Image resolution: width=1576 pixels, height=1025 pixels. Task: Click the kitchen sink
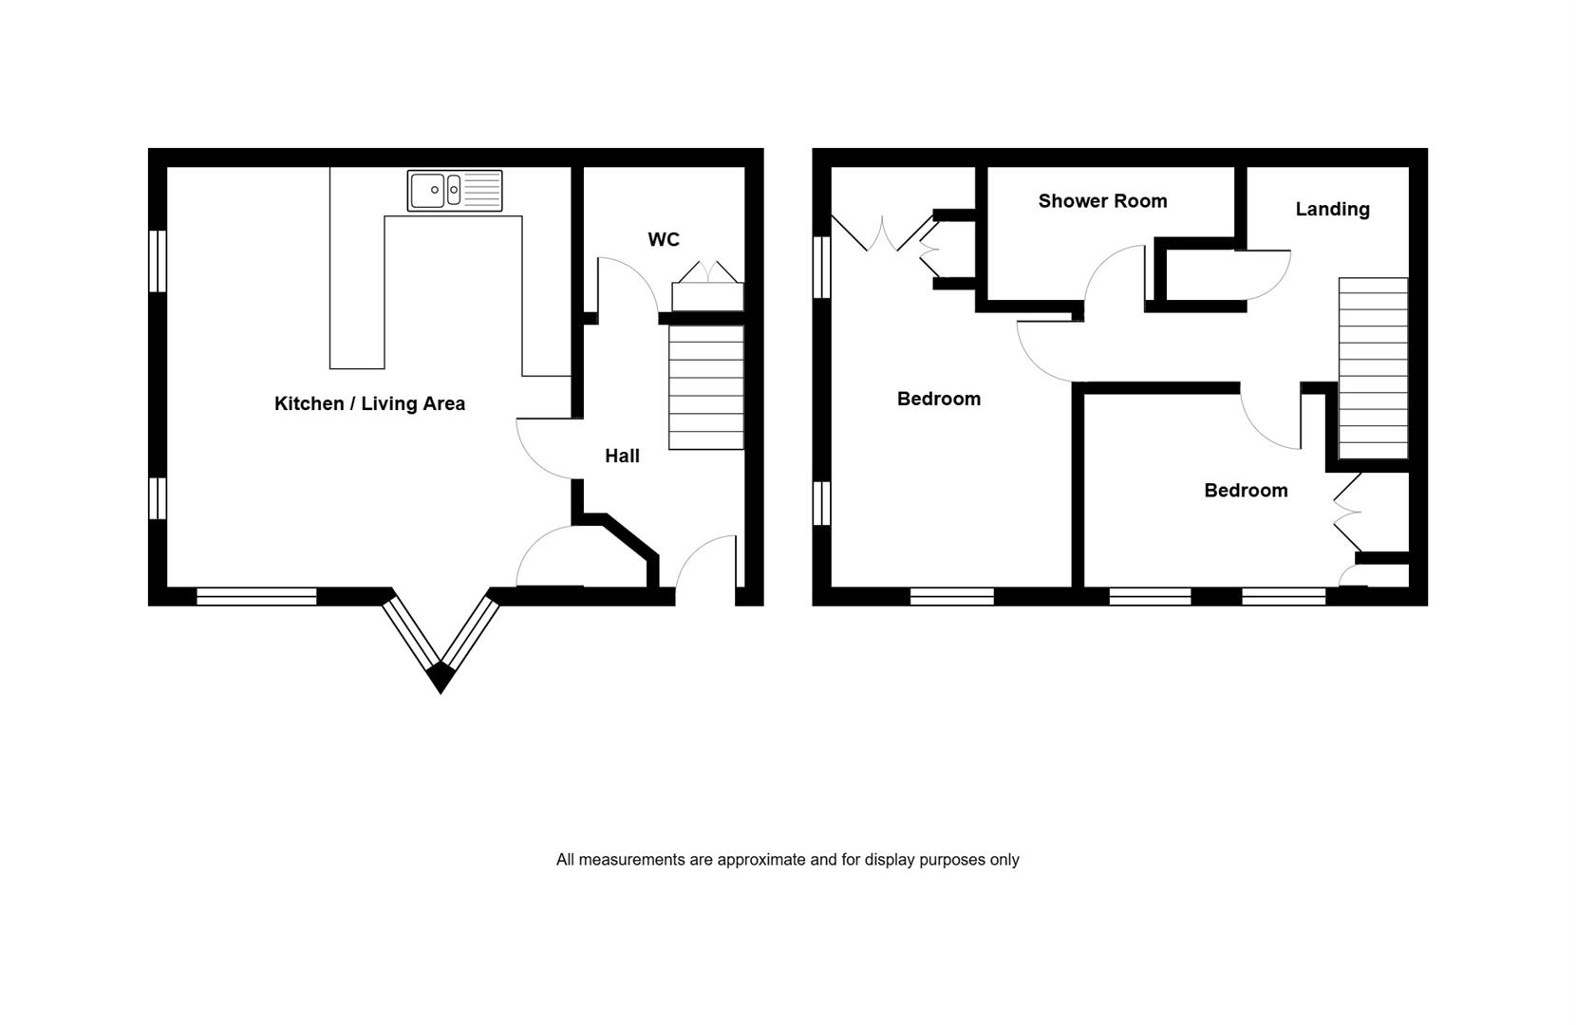[x=455, y=190]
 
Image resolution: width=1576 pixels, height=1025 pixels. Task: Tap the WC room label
[x=664, y=240]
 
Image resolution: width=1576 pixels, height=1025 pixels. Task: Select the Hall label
[x=622, y=456]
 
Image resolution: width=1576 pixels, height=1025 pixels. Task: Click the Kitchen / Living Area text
[x=369, y=403]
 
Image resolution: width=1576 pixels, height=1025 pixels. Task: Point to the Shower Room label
[x=1102, y=201]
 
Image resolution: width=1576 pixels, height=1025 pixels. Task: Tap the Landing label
[x=1333, y=209]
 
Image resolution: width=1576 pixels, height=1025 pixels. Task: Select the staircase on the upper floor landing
[x=1373, y=368]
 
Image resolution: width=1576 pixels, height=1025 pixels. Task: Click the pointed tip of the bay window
[x=441, y=693]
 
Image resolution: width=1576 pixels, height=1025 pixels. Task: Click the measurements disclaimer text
[x=787, y=860]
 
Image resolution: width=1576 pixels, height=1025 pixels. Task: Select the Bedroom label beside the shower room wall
[x=939, y=399]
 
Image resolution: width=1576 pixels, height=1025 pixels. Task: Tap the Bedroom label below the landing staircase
[x=1246, y=491]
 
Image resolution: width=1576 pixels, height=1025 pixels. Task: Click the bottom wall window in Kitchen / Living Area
[x=256, y=596]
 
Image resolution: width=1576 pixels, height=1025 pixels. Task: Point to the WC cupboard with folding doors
[x=707, y=287]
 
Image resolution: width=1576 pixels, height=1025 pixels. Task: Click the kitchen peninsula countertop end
[x=357, y=368]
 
